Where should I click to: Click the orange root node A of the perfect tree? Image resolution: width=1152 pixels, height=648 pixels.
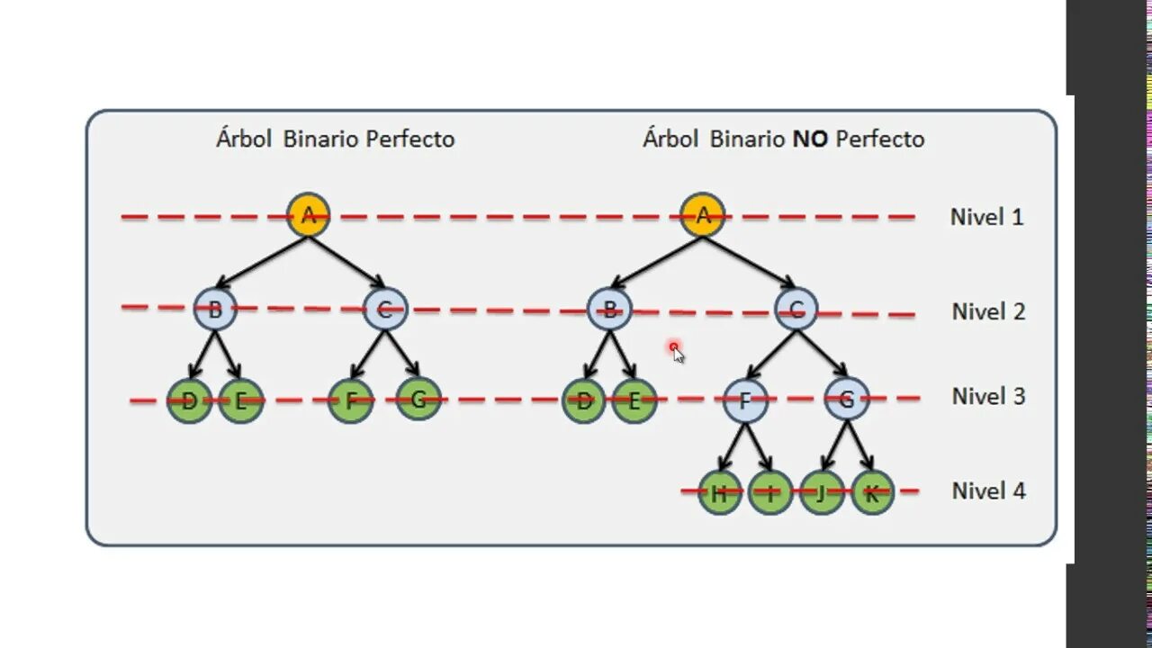click(309, 215)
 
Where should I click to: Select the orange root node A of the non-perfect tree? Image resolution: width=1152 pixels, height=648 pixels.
click(703, 215)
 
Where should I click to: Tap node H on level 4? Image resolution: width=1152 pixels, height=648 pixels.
click(719, 492)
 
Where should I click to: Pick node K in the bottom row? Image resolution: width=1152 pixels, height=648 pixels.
click(871, 492)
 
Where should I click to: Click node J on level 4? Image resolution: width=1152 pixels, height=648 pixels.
click(822, 492)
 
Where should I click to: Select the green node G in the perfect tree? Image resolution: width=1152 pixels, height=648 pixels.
click(418, 399)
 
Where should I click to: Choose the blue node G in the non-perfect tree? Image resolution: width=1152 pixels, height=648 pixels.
click(847, 399)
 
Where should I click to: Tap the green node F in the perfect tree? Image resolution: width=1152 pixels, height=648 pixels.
click(350, 400)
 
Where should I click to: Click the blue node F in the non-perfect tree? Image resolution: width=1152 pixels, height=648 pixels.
click(745, 400)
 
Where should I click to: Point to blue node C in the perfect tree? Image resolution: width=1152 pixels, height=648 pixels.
click(385, 310)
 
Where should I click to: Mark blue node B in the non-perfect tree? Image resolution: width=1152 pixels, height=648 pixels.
click(609, 310)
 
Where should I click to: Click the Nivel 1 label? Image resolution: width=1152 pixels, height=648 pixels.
click(986, 217)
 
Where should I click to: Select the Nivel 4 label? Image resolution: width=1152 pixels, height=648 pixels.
click(988, 490)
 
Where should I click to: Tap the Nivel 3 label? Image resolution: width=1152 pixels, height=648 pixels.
click(988, 396)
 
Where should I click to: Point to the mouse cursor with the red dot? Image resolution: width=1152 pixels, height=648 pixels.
click(676, 352)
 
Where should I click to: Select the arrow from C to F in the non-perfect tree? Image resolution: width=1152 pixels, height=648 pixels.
click(771, 355)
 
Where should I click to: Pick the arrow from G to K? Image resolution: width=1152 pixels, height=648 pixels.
click(859, 445)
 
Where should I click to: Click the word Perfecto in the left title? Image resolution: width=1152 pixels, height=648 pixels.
click(409, 139)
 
